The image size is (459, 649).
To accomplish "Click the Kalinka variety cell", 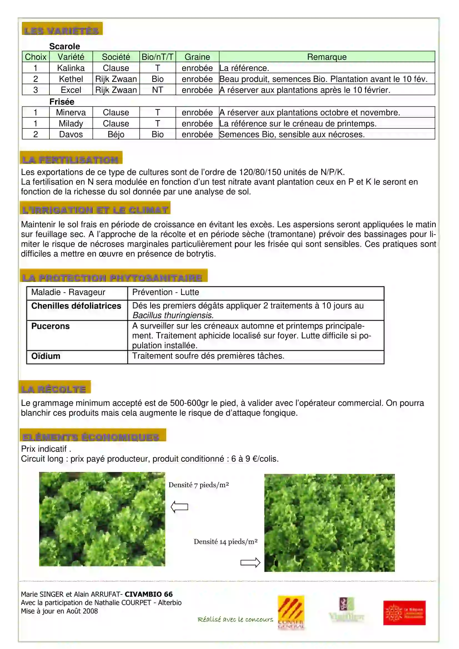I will coord(71,68).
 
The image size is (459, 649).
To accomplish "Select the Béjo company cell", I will coord(116,134).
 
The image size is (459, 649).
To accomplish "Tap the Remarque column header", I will coord(327,57).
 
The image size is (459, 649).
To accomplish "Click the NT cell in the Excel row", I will coord(157,90).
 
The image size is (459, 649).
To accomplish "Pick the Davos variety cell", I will coord(71,134).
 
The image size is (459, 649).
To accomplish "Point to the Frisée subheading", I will coord(62,102).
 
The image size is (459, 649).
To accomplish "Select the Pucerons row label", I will coord(50,326).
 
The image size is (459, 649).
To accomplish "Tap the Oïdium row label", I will coord(46,356).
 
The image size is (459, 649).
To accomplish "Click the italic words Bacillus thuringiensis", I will coord(173,315).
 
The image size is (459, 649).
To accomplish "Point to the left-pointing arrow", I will coord(179,507).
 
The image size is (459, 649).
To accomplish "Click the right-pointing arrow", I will coord(250,562).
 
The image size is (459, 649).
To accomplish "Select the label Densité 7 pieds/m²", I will coord(199,485).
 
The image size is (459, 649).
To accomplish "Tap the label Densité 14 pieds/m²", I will coord(225,542).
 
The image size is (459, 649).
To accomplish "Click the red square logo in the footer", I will coord(404,613).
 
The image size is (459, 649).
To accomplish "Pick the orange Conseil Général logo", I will coord(291,612).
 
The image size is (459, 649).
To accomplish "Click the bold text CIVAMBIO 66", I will coord(149,594).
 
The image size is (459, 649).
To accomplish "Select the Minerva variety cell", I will coord(71,112).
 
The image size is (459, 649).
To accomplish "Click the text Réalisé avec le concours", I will coord(235,619).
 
